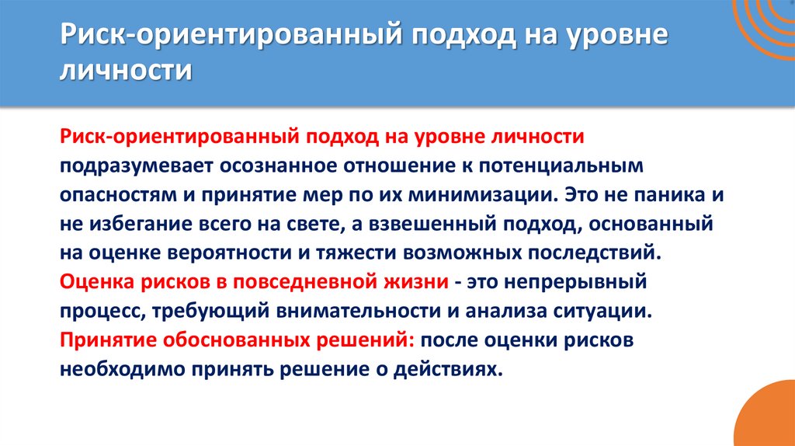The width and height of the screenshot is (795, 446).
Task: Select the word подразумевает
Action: (x=130, y=166)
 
